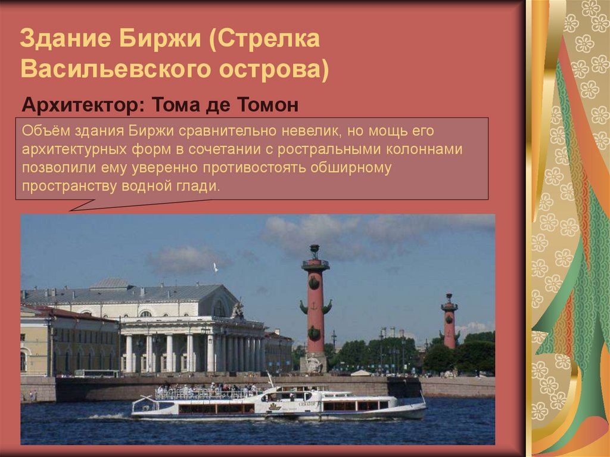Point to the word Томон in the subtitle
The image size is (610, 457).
pyautogui.click(x=268, y=105)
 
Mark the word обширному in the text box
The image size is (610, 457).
pyautogui.click(x=351, y=167)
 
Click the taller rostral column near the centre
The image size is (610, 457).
pyautogui.click(x=315, y=310)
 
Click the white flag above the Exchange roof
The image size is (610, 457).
pyautogui.click(x=216, y=267)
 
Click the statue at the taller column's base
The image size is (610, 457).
pyautogui.click(x=314, y=363)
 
